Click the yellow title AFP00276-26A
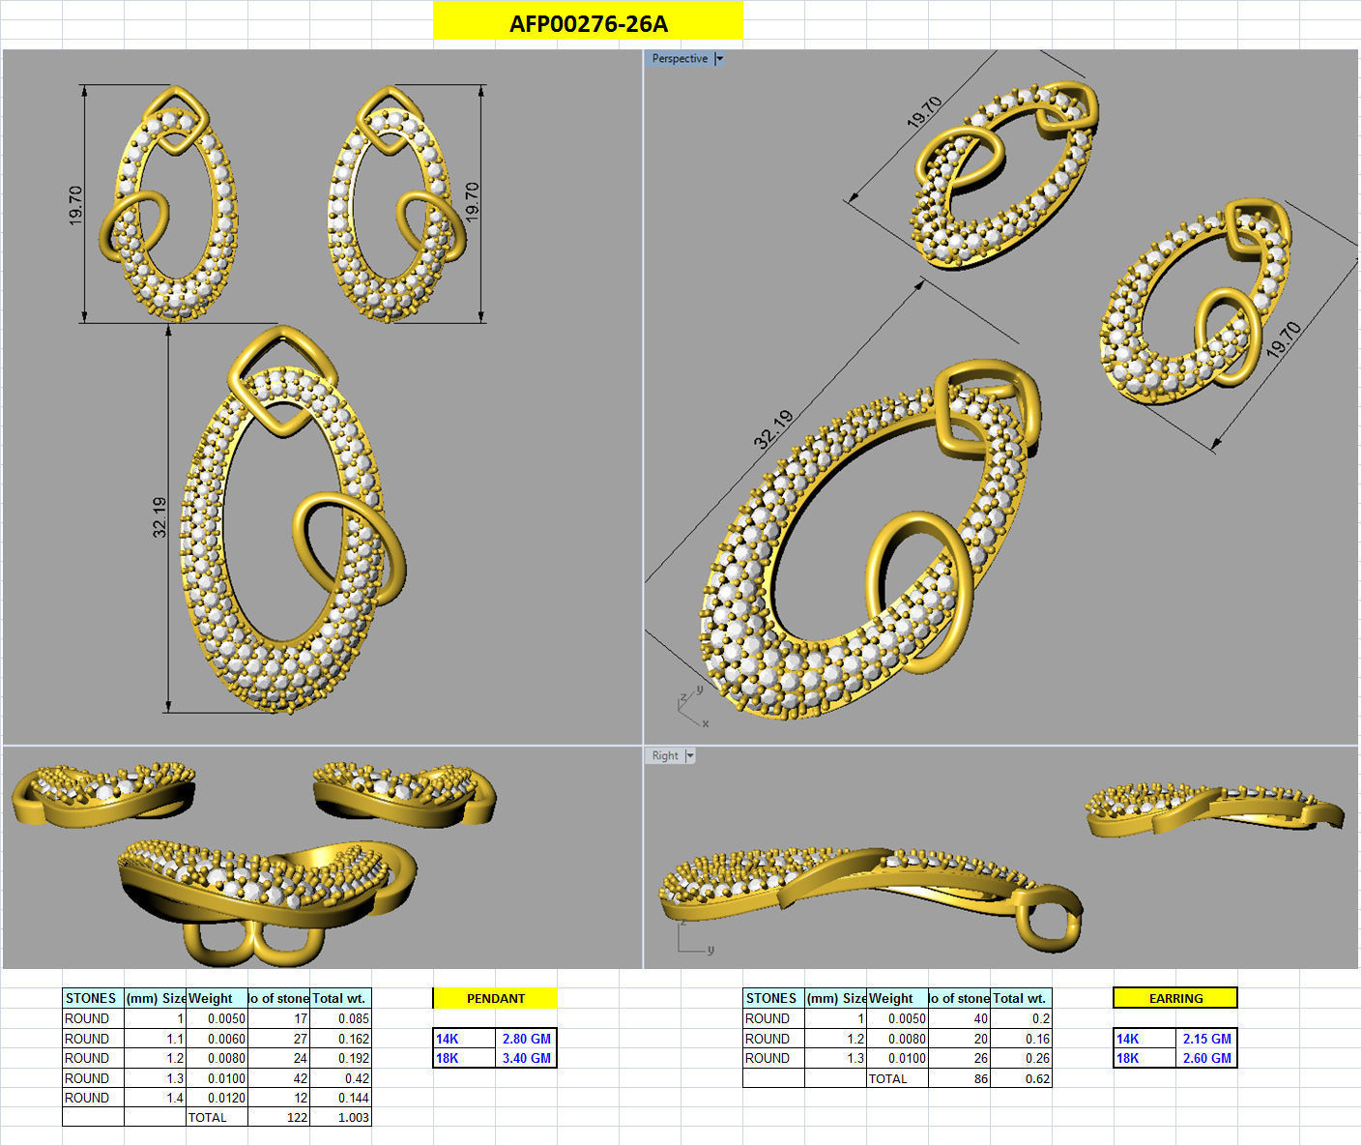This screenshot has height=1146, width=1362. (x=588, y=23)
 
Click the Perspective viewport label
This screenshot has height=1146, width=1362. (x=680, y=59)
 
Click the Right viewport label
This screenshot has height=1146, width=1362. (x=664, y=756)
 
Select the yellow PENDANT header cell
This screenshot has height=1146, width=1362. (x=495, y=998)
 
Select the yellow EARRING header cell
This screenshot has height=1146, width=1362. (x=1175, y=998)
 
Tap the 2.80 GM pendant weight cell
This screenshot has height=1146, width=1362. (x=526, y=1039)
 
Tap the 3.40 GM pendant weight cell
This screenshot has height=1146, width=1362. (x=526, y=1058)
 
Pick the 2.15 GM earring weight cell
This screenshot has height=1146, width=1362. (x=1206, y=1039)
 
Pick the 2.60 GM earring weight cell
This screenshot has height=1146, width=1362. (x=1206, y=1058)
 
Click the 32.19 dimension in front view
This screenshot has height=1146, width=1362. (x=159, y=517)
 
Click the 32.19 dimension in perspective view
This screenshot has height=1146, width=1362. (x=773, y=429)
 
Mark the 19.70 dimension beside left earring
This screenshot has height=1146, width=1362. (x=76, y=205)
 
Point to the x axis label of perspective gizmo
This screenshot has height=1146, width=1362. (x=706, y=723)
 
